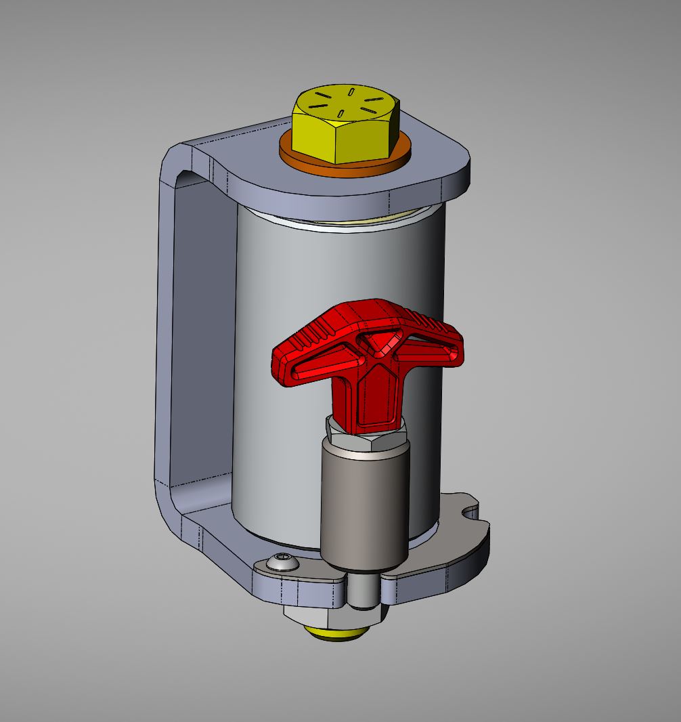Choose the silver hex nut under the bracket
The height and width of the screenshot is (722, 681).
325,618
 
